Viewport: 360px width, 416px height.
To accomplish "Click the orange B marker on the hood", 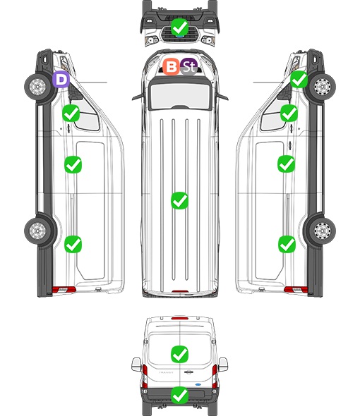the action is pyautogui.click(x=171, y=67).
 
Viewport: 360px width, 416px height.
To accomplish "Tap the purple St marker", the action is pyautogui.click(x=189, y=66).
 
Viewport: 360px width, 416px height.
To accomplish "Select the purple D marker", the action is pyautogui.click(x=61, y=80).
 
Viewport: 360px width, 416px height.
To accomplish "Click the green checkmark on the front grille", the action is pyautogui.click(x=179, y=27).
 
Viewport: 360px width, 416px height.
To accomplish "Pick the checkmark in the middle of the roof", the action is pyautogui.click(x=179, y=200).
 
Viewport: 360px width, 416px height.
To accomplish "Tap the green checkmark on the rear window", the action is pyautogui.click(x=180, y=354).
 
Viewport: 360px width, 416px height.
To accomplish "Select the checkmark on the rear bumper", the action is pyautogui.click(x=180, y=396).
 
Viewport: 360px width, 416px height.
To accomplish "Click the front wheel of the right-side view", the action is pyautogui.click(x=322, y=87).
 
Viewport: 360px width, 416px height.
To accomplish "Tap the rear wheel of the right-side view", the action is pyautogui.click(x=322, y=231).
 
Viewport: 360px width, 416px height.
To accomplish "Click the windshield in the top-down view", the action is pyautogui.click(x=180, y=96).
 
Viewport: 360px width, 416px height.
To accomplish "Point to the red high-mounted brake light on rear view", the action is pyautogui.click(x=180, y=318).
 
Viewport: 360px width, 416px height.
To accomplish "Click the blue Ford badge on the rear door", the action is pyautogui.click(x=198, y=384).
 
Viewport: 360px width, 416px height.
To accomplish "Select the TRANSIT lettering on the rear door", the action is pyautogui.click(x=166, y=372).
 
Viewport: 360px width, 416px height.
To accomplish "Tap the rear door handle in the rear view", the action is pyautogui.click(x=188, y=372).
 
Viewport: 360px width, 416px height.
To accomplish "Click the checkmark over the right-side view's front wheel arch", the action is pyautogui.click(x=299, y=80).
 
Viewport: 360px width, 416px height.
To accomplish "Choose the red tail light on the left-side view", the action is pyautogui.click(x=64, y=290).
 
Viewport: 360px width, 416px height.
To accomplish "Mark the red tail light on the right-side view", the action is pyautogui.click(x=296, y=290).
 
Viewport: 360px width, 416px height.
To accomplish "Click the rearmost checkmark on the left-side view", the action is pyautogui.click(x=73, y=244).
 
